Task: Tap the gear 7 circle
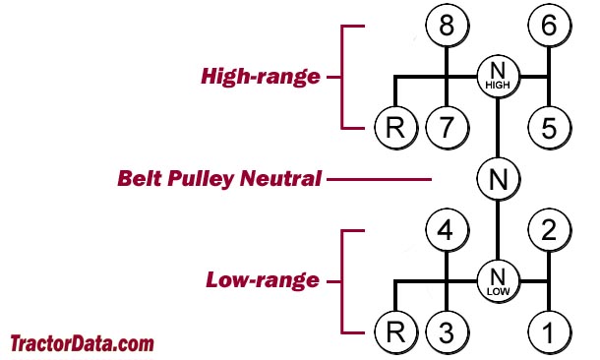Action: coord(448,126)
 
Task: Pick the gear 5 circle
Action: coord(548,126)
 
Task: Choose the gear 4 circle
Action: coord(448,232)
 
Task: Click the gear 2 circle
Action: coord(548,232)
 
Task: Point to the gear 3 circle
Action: coord(448,331)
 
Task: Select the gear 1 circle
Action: coord(548,331)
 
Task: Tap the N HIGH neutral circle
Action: coord(498,76)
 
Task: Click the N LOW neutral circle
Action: coord(498,281)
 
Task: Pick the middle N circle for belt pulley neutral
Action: coord(498,179)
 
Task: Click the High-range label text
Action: coord(261,76)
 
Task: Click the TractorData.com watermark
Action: coord(82,344)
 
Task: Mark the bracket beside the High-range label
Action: coord(344,76)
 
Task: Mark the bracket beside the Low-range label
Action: coord(344,281)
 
